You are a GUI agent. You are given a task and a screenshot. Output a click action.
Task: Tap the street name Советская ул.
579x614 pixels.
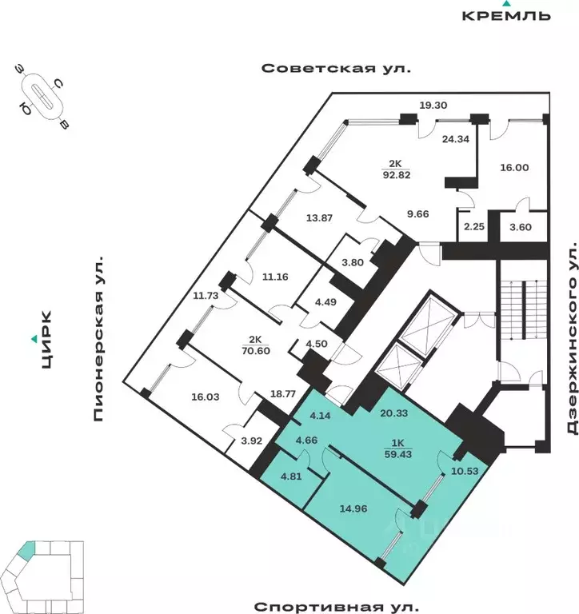pos(336,69)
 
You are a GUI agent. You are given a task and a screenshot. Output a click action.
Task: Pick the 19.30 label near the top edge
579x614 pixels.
pos(435,105)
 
